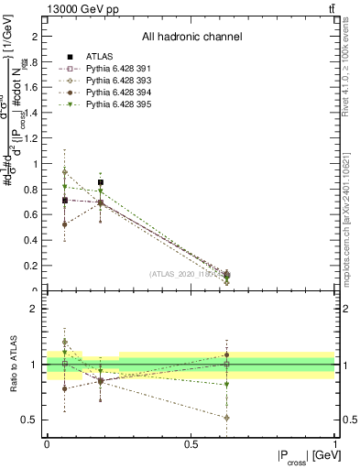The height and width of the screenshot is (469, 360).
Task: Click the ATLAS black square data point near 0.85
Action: coord(101,182)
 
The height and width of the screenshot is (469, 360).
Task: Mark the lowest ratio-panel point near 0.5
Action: coord(226,417)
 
